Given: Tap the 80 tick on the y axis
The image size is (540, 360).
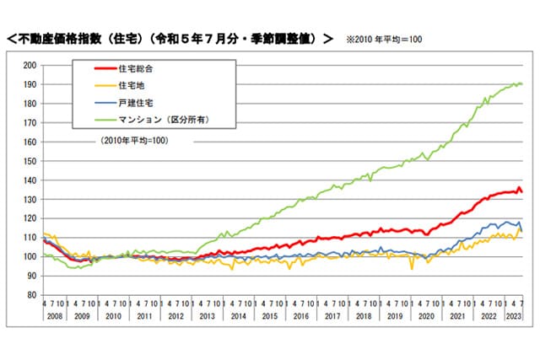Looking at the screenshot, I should pos(30,296).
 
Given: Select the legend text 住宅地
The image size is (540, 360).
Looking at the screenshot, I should pos(131,86).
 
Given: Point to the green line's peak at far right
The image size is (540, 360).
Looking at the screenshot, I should pos(516,83).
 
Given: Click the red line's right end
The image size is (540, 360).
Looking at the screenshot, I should pos(521,192).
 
